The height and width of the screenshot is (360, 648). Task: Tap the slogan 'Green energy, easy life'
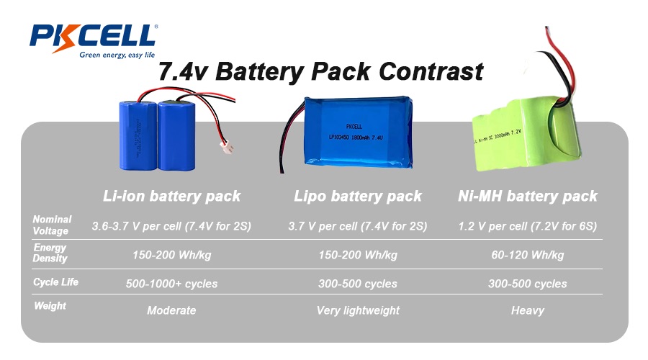point(117,55)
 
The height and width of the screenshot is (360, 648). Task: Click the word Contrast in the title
point(431,71)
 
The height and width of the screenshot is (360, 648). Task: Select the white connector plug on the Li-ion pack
point(227,146)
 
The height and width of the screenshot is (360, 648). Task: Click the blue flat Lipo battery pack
point(359,132)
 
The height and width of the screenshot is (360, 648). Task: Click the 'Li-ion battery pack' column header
point(171,196)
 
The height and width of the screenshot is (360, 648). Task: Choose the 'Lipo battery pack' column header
point(358,196)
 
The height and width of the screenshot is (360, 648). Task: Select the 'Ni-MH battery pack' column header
point(528,196)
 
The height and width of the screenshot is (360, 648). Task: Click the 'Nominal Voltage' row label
point(52,225)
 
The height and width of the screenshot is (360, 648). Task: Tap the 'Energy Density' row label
point(50,253)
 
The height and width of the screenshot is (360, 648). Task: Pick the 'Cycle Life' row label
point(55,282)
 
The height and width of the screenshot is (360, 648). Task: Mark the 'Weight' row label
point(50,306)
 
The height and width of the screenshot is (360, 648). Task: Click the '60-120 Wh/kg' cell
point(527,255)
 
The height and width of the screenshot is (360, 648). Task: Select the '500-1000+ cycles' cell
point(171,284)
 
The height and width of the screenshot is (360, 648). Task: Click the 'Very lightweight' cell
point(358,310)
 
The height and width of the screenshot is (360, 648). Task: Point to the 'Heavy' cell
point(527,310)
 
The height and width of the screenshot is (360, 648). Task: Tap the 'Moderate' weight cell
point(171,310)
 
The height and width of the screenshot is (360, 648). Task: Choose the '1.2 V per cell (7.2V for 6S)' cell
point(527,226)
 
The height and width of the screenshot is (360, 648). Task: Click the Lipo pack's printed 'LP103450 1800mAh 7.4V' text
point(356,138)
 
